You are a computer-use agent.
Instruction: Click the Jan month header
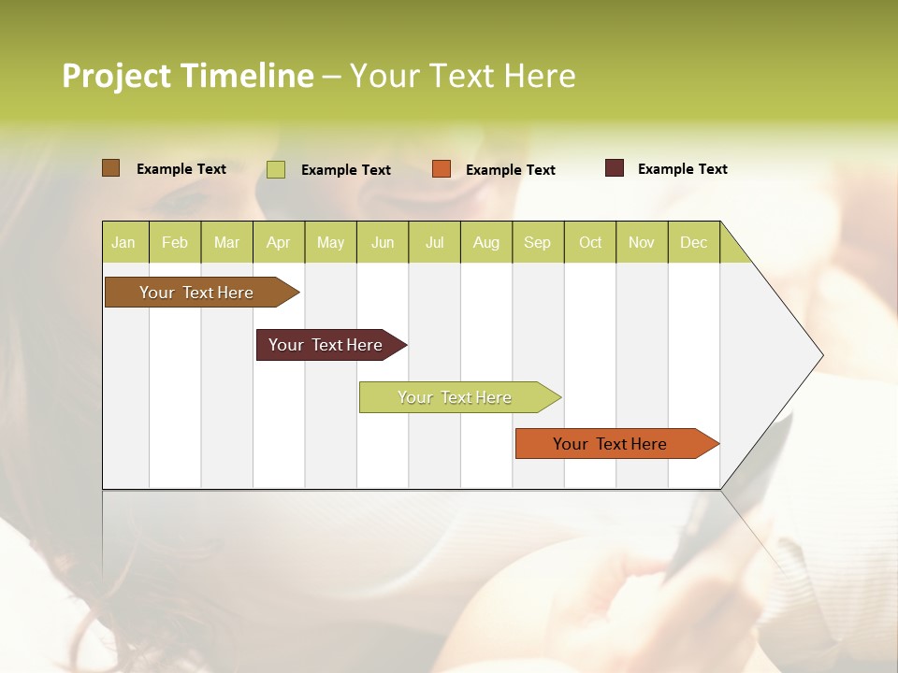pyautogui.click(x=123, y=243)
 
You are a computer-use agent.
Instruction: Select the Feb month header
pyautogui.click(x=175, y=243)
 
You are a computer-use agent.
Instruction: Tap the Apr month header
pyautogui.click(x=279, y=243)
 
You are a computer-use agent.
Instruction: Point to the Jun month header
pyautogui.click(x=383, y=243)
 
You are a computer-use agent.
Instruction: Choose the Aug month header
pyautogui.click(x=486, y=243)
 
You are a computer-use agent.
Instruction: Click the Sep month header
pyautogui.click(x=538, y=243)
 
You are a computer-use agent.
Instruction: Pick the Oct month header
pyautogui.click(x=590, y=243)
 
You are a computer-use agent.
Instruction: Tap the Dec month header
pyautogui.click(x=694, y=243)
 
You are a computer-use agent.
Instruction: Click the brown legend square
pyautogui.click(x=110, y=168)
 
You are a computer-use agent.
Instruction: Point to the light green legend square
pyautogui.click(x=276, y=169)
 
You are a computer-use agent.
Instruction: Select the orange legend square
pyautogui.click(x=442, y=169)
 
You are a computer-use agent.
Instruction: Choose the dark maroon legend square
pyautogui.click(x=614, y=168)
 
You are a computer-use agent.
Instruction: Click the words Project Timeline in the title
pyautogui.click(x=187, y=76)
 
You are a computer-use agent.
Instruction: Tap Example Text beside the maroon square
pyautogui.click(x=682, y=169)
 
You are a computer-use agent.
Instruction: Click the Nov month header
pyautogui.click(x=642, y=243)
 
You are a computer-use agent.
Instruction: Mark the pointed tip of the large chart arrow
pyautogui.click(x=821, y=355)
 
